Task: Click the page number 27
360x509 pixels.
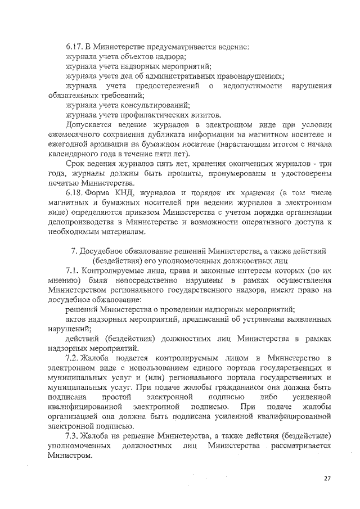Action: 327,478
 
